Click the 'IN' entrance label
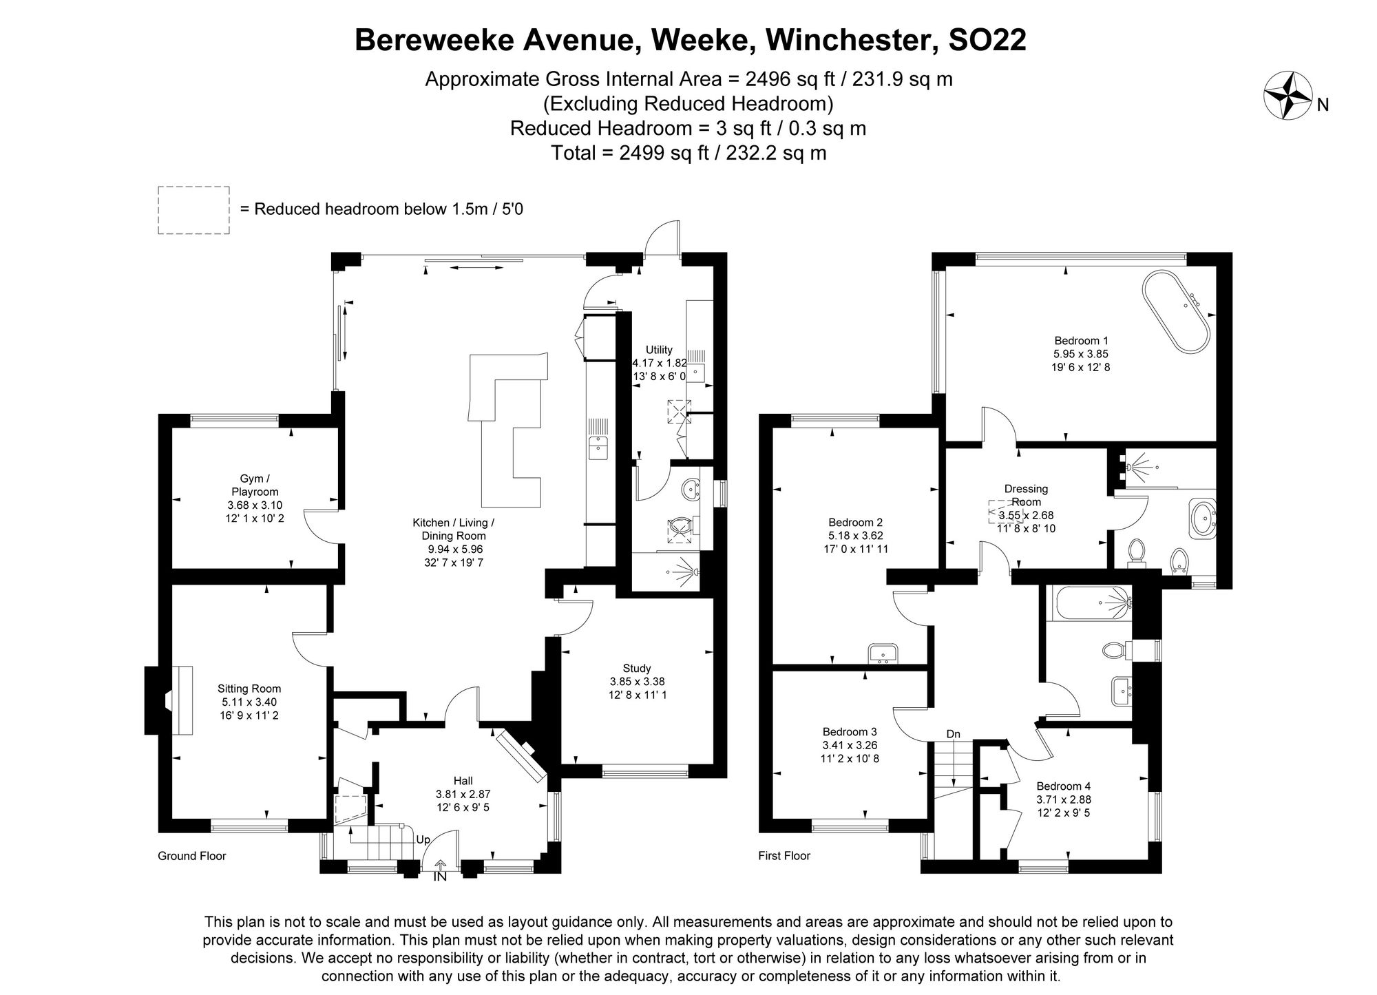440,877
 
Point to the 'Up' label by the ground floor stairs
423,840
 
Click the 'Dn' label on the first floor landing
953,734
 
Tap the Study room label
636,668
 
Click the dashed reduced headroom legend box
193,210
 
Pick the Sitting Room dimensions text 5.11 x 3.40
249,702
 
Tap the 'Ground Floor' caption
192,856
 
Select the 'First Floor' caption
784,856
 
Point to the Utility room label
659,350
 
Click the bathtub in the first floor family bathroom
1089,603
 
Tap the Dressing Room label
1026,495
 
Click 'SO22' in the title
987,40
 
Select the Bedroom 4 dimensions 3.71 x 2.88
1064,799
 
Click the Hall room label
463,781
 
